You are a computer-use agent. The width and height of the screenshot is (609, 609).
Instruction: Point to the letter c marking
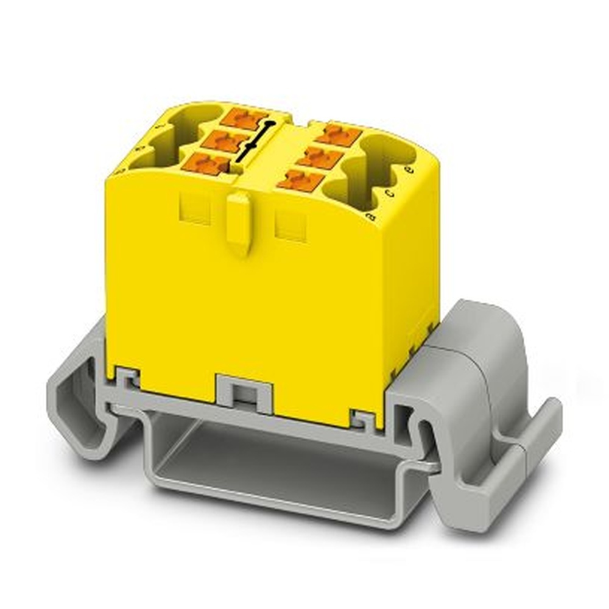point(389,194)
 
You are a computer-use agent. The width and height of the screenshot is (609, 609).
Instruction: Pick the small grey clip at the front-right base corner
point(365,418)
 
